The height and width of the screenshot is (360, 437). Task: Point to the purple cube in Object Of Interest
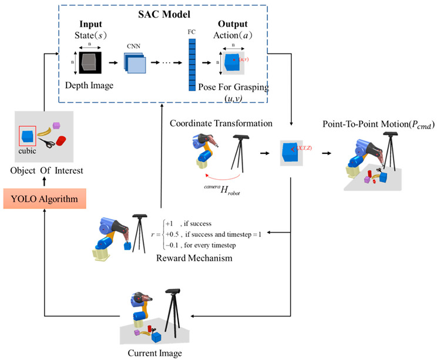57,125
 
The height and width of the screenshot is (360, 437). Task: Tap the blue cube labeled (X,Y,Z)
292,152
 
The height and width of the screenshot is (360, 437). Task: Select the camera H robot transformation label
227,191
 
